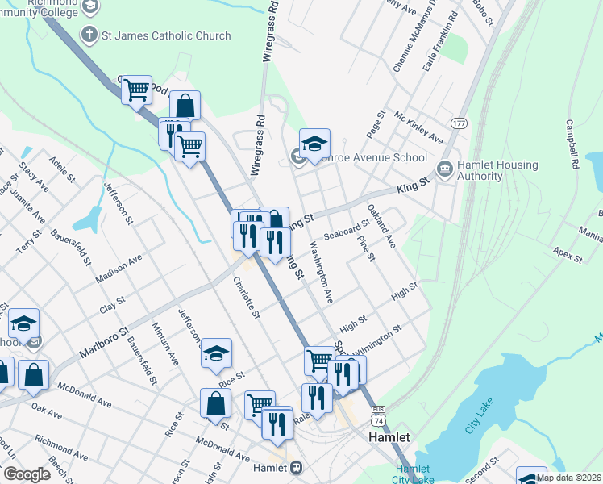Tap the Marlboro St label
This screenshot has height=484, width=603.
(x=104, y=343)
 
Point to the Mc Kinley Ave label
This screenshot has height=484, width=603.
(x=418, y=127)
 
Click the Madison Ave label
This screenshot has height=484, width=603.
(x=119, y=269)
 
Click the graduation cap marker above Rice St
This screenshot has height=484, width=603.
(x=216, y=353)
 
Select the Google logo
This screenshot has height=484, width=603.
(x=27, y=474)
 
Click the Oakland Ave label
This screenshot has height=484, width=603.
(x=382, y=226)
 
